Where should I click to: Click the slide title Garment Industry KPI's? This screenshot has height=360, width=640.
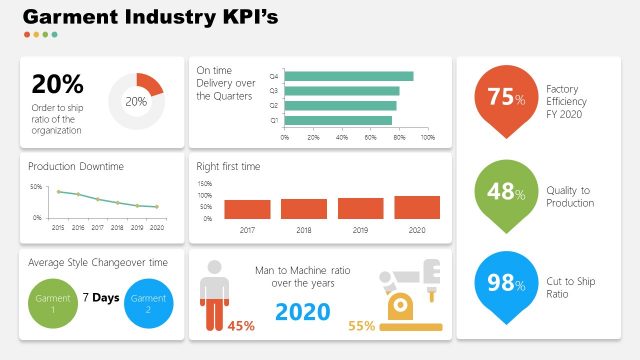tap(150, 17)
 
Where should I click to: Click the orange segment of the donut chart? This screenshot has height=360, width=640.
tap(149, 83)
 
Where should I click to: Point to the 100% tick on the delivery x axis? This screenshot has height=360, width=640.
tap(427, 137)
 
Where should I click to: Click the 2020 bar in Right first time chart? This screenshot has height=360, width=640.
tap(416, 207)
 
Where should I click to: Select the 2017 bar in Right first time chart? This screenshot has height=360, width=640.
tap(247, 209)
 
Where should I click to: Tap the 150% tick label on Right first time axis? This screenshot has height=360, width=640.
tap(205, 184)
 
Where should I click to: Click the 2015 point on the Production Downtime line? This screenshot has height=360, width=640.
tap(58, 191)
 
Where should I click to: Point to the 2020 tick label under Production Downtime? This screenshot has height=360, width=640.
tap(156, 228)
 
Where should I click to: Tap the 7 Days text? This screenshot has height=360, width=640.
tap(100, 298)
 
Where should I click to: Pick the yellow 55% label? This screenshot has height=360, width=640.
tap(361, 325)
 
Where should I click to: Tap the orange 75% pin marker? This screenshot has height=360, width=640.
tap(505, 99)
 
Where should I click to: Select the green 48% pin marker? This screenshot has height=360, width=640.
tap(505, 193)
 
